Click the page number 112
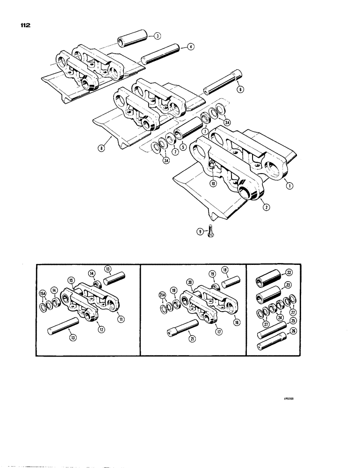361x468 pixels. (24, 27)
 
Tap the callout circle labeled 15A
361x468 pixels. (43, 294)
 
